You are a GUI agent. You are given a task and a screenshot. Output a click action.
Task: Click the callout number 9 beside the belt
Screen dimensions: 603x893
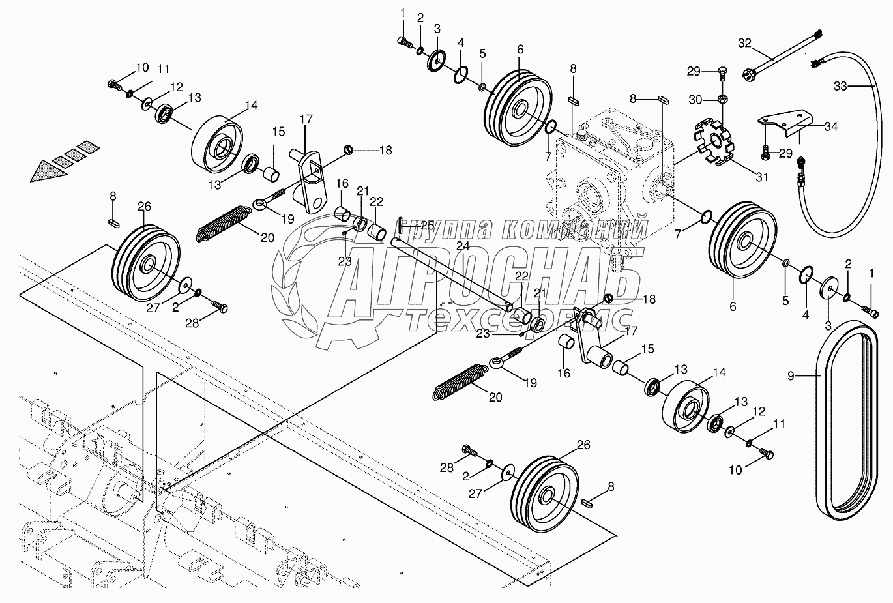791,375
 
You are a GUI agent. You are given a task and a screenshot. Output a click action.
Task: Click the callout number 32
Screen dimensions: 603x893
745,44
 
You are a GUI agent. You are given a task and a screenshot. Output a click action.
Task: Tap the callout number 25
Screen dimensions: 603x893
427,225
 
